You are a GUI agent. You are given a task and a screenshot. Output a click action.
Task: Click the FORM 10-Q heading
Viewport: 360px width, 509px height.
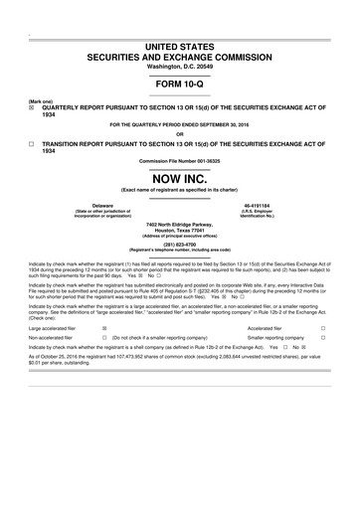point(179,83)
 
